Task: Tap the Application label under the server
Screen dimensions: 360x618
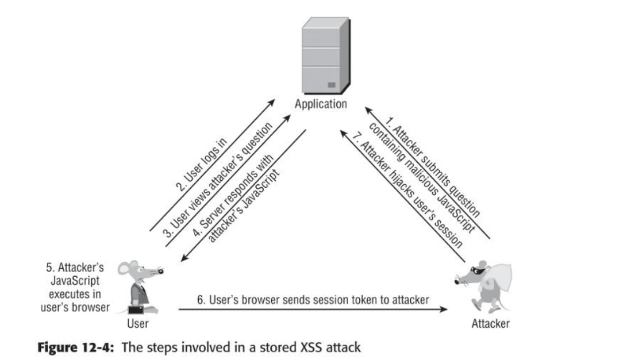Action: coord(320,104)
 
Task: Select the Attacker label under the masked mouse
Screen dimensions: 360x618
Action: coord(490,323)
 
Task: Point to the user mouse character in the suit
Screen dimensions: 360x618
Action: coord(144,284)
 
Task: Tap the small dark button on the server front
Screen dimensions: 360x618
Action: coord(331,85)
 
